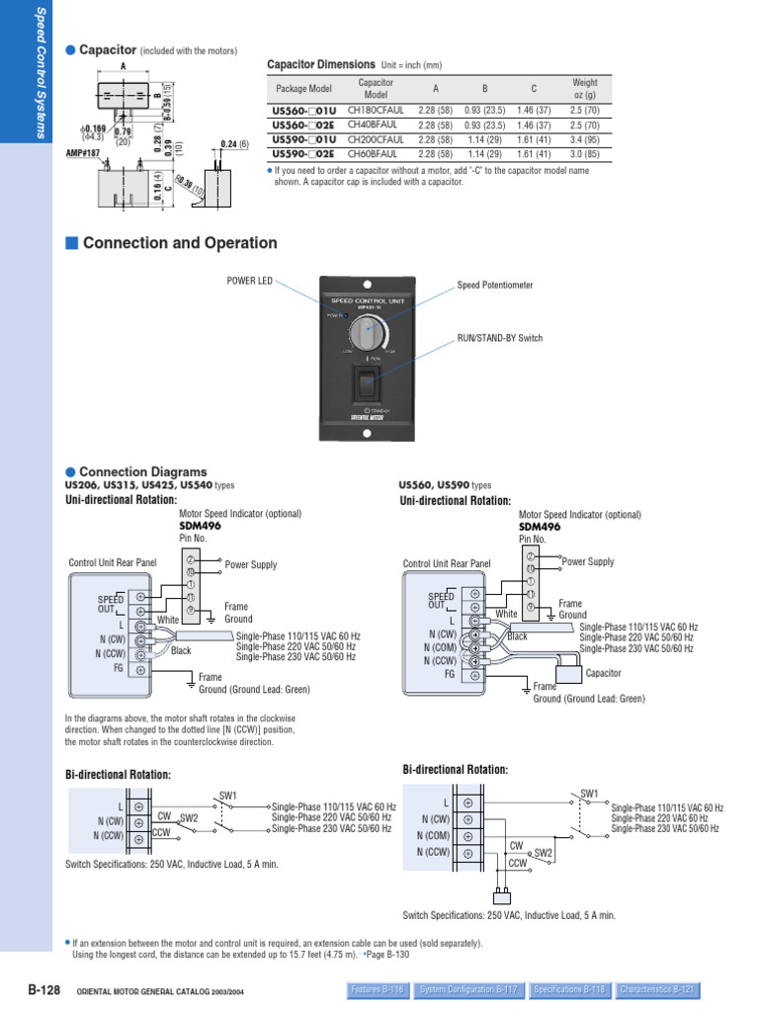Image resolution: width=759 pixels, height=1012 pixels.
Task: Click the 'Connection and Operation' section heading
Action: tap(180, 243)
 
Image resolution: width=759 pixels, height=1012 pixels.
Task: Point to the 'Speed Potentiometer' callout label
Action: tap(494, 285)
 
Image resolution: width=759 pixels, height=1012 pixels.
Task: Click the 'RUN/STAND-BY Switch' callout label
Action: tap(499, 338)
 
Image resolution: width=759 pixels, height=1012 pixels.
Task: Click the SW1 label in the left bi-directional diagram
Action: tap(228, 795)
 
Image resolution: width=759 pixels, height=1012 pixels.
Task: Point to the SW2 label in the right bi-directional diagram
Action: tap(543, 852)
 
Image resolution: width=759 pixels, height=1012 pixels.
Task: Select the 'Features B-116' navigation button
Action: tap(378, 988)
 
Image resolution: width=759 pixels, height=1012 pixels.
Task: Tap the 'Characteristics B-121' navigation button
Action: tap(658, 988)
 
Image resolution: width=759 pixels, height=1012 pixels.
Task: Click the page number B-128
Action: tap(44, 988)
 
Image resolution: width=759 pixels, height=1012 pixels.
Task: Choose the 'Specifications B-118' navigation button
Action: tap(568, 988)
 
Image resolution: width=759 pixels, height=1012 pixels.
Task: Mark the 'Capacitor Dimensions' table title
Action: tap(321, 64)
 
